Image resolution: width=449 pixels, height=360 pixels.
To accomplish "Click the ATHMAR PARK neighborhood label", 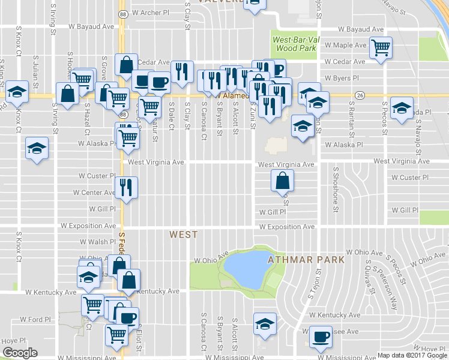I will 306,260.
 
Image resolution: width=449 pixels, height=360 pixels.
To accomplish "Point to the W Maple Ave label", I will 345,45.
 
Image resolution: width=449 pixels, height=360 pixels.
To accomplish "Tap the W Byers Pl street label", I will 342,78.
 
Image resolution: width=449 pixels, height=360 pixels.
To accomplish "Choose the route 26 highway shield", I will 360,95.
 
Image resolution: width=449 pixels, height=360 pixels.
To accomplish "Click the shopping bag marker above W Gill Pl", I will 283,179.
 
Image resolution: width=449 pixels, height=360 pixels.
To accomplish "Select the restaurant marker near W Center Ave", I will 127,186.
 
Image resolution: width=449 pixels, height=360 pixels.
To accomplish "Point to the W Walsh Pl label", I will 97,242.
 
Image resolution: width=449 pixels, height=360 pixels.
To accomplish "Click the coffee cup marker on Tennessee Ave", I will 321,336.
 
